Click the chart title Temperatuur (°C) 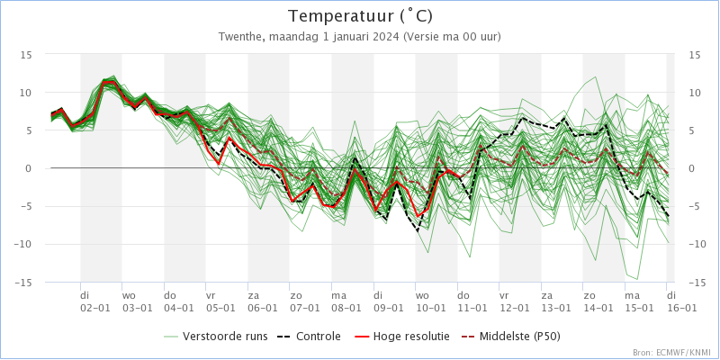[x=360, y=16]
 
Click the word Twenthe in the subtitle [x=241, y=37]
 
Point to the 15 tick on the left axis [x=27, y=55]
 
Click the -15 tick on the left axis [x=24, y=283]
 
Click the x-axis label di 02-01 [x=95, y=301]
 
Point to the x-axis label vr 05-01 [x=220, y=301]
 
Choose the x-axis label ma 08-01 [x=346, y=301]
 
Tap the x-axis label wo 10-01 [x=429, y=301]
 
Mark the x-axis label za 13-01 [x=554, y=301]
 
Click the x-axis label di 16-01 [x=680, y=301]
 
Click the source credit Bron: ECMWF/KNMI [x=672, y=353]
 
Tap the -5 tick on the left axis [x=27, y=207]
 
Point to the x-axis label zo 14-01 [x=597, y=301]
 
